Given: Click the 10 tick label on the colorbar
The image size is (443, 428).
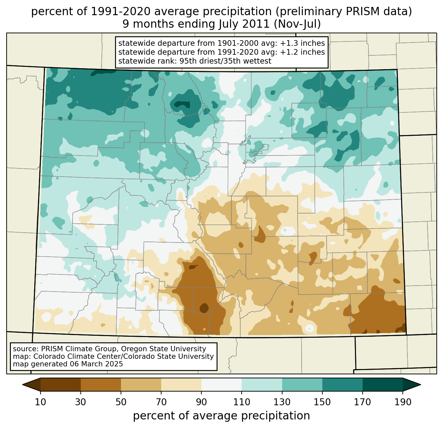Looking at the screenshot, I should point(41,402).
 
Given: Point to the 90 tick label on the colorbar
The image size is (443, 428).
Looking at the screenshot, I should point(201,402).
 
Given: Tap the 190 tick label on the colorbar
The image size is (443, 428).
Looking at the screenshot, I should point(402,402).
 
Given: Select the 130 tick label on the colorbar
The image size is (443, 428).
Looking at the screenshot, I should point(282,402).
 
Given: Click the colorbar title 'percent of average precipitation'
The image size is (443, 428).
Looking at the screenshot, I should point(221,416).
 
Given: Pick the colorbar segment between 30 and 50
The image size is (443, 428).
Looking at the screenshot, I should point(101,385).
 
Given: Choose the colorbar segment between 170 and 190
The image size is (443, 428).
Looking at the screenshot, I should point(382,385).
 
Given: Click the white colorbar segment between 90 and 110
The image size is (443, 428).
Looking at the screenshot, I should point(221,385).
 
